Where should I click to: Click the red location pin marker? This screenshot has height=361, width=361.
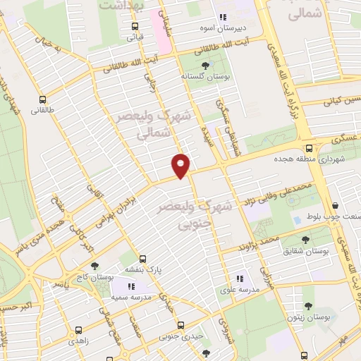[181, 166]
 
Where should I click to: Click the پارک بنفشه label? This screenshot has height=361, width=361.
[144, 270]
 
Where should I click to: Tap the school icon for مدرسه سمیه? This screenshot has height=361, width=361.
[131, 286]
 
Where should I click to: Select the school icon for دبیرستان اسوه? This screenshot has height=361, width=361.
[223, 18]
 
